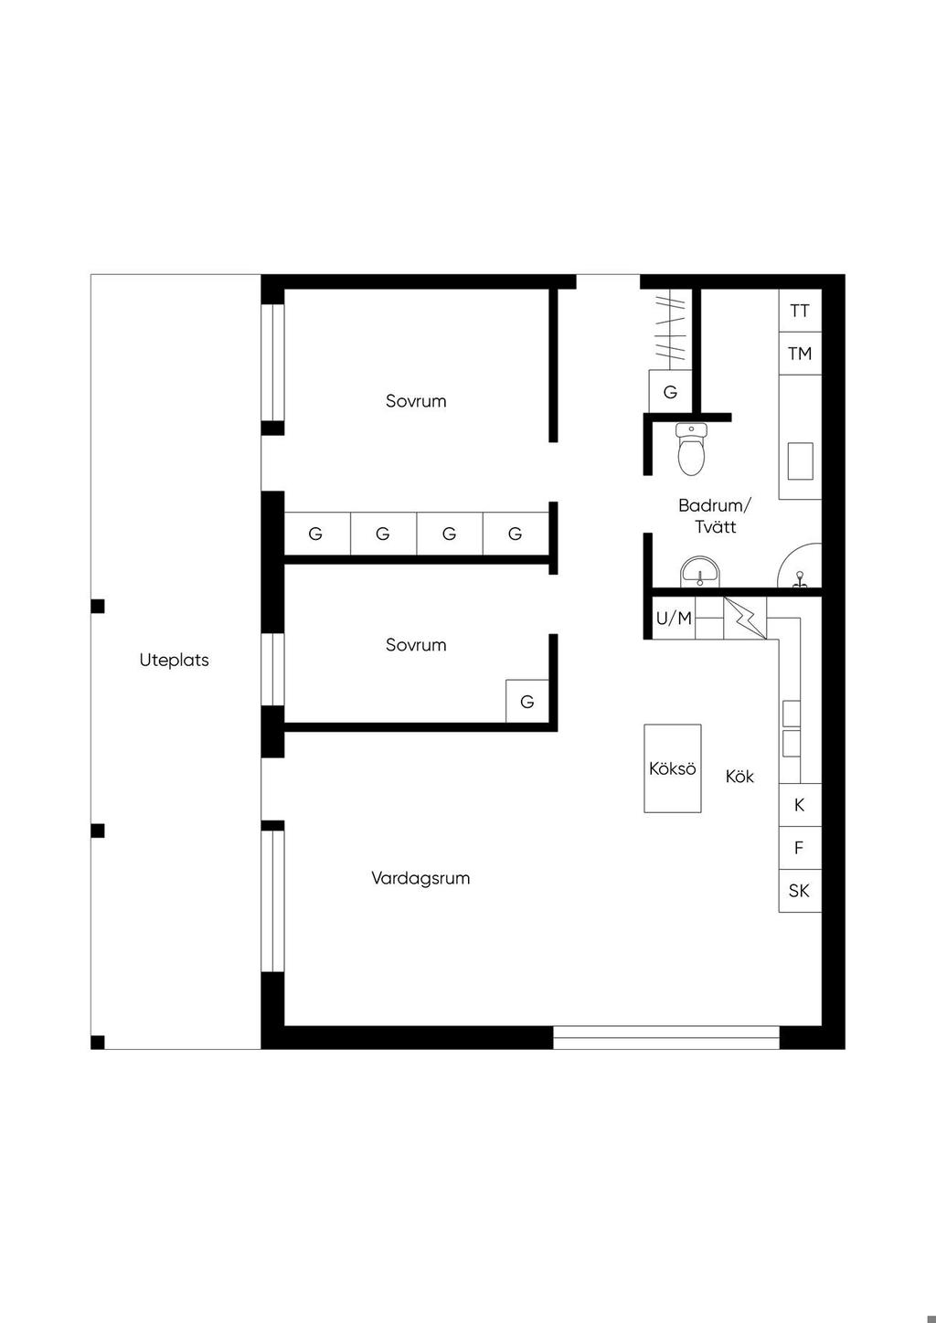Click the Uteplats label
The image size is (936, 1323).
click(x=175, y=661)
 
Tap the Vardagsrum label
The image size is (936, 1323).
click(x=420, y=878)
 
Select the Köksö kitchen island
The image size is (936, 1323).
click(x=673, y=768)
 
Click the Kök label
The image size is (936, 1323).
click(x=739, y=776)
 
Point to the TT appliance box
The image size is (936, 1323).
click(x=800, y=311)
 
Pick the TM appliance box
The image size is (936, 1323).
click(x=800, y=354)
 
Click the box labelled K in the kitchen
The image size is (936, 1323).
click(x=800, y=805)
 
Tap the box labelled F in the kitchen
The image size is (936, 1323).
click(x=800, y=848)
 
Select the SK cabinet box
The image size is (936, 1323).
click(x=800, y=891)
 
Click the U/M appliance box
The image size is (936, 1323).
click(x=674, y=618)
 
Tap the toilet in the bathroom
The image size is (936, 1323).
click(x=691, y=450)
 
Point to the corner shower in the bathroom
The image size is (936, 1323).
click(x=799, y=566)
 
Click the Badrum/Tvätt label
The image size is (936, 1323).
click(x=715, y=515)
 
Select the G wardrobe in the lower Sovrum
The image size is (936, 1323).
click(x=527, y=701)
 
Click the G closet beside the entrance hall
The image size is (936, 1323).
click(x=670, y=392)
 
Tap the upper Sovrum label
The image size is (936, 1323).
click(x=416, y=401)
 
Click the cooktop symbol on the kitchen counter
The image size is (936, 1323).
click(x=792, y=728)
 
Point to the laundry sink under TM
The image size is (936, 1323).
click(x=800, y=461)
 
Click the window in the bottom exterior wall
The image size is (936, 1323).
click(x=666, y=1037)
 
